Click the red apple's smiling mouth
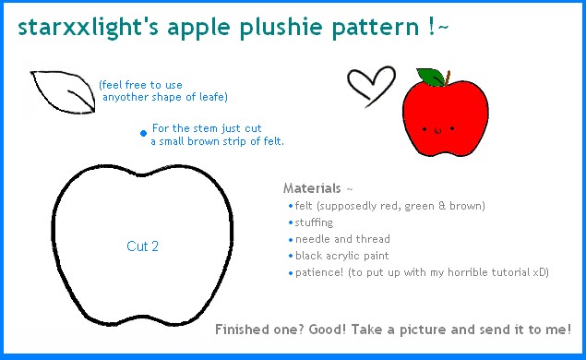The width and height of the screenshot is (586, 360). tap(438, 131)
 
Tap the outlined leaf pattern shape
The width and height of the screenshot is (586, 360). tap(62, 91)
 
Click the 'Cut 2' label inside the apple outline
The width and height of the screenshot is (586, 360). tap(143, 246)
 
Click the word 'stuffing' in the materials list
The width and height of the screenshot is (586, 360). tap(315, 222)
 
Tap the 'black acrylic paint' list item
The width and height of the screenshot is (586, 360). tap(341, 256)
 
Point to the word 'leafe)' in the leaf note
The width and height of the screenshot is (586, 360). tap(212, 97)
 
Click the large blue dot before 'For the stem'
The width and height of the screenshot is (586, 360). tap(143, 133)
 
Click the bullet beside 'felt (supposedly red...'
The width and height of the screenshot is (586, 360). tap(290, 206)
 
